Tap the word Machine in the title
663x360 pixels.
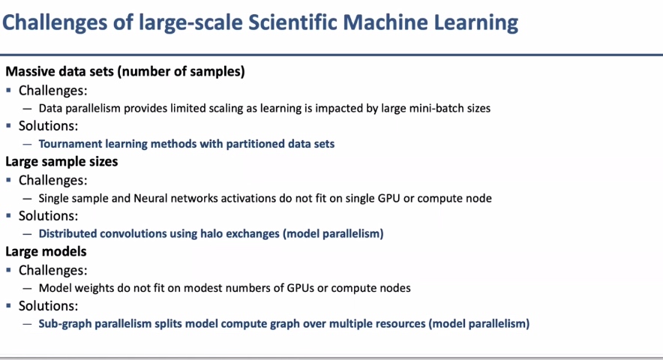pyautogui.click(x=385, y=22)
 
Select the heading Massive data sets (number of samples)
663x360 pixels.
pyautogui.click(x=125, y=71)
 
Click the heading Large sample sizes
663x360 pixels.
pyautogui.click(x=61, y=161)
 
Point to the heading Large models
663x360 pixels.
pyautogui.click(x=46, y=251)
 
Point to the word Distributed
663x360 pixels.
pyautogui.click(x=67, y=233)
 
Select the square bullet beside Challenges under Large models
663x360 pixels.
pyautogui.click(x=8, y=269)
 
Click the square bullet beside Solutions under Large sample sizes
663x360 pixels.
pyautogui.click(x=8, y=215)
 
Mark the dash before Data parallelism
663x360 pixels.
pyautogui.click(x=28, y=109)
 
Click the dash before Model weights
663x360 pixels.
pyautogui.click(x=28, y=289)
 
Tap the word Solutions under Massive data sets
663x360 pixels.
pyautogui.click(x=48, y=126)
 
